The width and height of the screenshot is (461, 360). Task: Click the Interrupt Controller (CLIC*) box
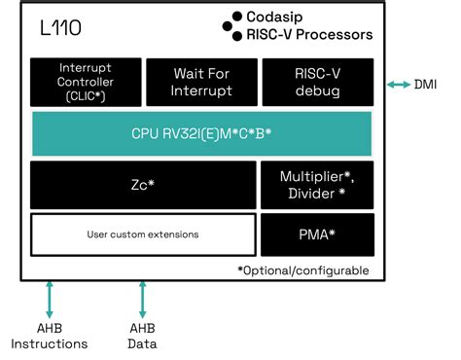[86, 82]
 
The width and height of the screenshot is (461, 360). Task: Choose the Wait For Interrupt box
[202, 82]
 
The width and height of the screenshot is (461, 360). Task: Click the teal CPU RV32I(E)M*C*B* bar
[201, 133]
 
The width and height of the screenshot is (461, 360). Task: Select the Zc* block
[143, 184]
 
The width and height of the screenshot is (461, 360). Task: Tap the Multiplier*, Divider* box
[318, 184]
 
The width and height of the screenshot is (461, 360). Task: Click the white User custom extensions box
[143, 234]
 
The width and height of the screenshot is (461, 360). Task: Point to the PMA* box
[318, 234]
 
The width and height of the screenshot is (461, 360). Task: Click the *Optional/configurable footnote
[302, 270]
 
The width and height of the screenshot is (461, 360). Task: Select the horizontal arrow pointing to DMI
[400, 86]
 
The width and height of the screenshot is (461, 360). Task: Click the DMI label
[426, 86]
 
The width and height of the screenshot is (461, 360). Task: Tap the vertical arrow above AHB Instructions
[49, 299]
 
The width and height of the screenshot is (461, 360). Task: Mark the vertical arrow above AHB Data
[143, 299]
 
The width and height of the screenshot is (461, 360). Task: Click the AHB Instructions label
[49, 336]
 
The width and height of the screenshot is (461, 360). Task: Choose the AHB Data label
[143, 336]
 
